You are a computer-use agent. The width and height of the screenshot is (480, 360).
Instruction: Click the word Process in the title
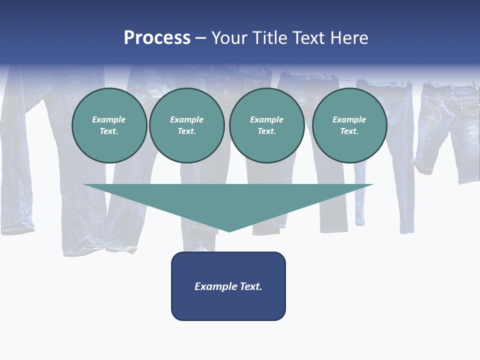(157, 38)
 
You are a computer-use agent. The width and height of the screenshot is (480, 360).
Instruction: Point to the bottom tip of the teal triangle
(229, 230)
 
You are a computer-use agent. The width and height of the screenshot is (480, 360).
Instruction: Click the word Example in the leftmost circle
(109, 119)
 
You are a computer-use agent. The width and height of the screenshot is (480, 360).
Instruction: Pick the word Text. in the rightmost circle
(349, 131)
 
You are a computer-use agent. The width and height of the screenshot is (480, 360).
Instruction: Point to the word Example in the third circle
(267, 119)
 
